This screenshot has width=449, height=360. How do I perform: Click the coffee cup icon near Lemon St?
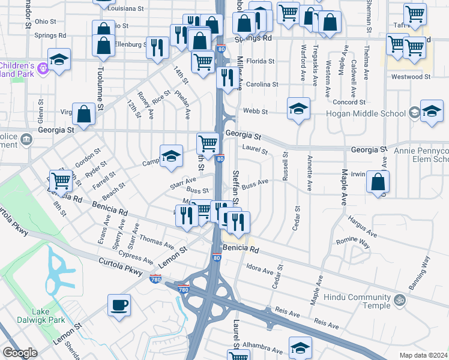(x=119, y=304)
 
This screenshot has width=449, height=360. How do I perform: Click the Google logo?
(x=20, y=353)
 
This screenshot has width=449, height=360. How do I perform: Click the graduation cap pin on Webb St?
(x=298, y=109)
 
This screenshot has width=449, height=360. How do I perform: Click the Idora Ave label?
(x=259, y=269)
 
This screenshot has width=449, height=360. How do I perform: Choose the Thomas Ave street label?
(x=157, y=242)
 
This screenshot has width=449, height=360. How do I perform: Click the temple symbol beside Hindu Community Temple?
(x=400, y=299)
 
